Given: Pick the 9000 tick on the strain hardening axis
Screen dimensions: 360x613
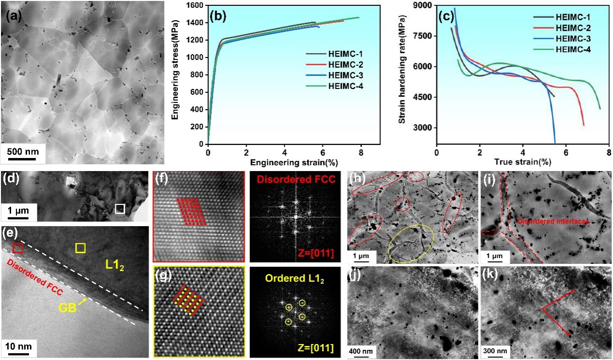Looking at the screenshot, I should click(x=424, y=6).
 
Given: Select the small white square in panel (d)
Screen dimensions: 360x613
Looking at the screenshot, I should click(x=120, y=209).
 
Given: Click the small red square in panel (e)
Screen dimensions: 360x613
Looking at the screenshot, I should click(x=17, y=248).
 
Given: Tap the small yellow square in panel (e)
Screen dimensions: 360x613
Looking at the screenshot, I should click(x=80, y=248).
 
